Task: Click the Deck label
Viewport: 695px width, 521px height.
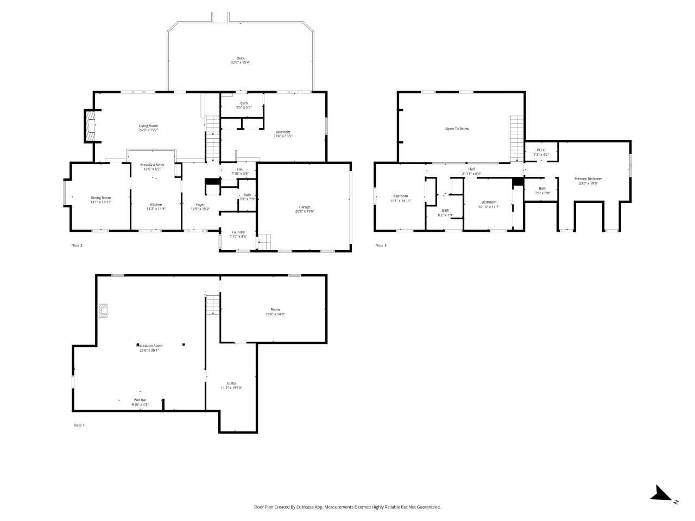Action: [240, 58]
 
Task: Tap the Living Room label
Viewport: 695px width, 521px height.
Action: [148, 126]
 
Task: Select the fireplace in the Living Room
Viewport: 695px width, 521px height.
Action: [90, 126]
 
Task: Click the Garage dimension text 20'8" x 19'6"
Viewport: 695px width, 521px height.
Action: [304, 211]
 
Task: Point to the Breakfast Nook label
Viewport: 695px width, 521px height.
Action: [152, 164]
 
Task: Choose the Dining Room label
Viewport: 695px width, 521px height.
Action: [100, 198]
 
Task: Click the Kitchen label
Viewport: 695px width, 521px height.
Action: [156, 205]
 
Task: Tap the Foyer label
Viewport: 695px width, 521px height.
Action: [200, 205]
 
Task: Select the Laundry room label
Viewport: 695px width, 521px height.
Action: [238, 232]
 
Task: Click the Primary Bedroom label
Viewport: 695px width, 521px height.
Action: [589, 179]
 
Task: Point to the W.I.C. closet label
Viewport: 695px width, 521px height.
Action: [541, 150]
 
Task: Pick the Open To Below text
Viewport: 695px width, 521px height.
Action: [457, 129]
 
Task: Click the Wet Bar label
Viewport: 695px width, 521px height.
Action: [140, 400]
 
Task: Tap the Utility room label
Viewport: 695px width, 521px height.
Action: [231, 383]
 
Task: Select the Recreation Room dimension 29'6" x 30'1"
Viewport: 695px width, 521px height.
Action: [149, 350]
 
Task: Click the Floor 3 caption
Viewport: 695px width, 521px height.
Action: [381, 245]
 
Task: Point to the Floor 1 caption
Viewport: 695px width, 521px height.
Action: [79, 425]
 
